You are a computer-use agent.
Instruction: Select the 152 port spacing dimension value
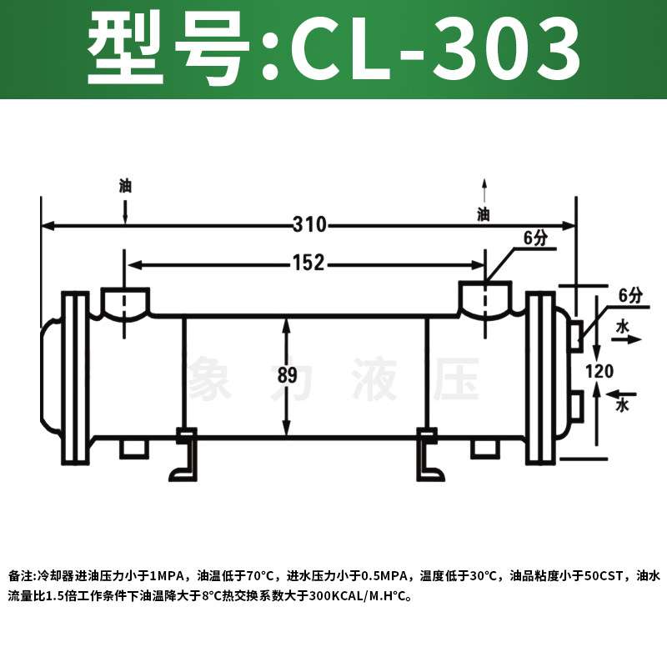tap(308, 263)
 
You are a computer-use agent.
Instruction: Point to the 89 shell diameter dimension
tap(287, 375)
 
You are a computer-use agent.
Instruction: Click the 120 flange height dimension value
tap(599, 371)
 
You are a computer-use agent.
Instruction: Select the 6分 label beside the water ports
tap(631, 295)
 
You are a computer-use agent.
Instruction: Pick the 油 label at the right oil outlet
tap(484, 214)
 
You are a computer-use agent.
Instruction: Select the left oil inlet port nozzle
tap(125, 300)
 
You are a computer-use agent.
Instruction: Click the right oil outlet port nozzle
tap(484, 298)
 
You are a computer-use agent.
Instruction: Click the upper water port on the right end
tap(575, 335)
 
